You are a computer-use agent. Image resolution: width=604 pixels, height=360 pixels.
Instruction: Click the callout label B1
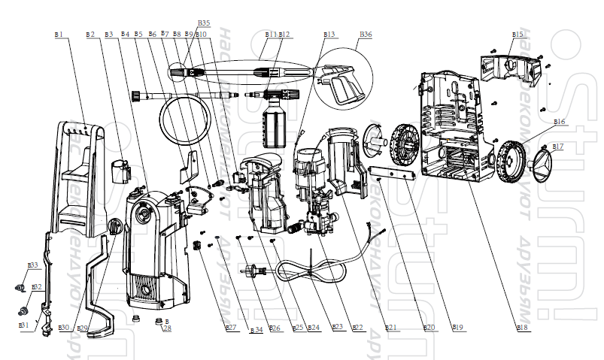click(x=59, y=35)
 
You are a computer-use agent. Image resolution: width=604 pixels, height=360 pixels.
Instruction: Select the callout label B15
click(x=517, y=35)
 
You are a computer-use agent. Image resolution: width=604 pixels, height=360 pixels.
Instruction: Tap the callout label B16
click(x=559, y=121)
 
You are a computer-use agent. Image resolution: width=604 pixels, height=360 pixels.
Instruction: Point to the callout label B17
click(x=558, y=145)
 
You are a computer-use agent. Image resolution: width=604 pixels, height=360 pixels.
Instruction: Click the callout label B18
click(x=521, y=327)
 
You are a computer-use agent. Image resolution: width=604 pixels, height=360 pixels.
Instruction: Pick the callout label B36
click(x=366, y=35)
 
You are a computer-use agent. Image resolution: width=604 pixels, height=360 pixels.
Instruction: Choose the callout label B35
click(x=204, y=23)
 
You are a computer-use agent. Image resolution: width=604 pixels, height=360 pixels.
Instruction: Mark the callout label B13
click(x=329, y=35)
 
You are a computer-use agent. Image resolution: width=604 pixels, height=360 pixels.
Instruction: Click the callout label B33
click(x=32, y=265)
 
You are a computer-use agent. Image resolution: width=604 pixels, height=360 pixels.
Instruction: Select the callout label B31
click(x=24, y=325)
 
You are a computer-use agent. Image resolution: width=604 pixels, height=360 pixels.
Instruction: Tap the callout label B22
click(x=358, y=327)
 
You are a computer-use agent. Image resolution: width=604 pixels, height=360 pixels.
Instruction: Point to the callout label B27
click(x=231, y=327)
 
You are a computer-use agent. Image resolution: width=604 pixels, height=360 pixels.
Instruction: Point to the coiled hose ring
click(x=177, y=120)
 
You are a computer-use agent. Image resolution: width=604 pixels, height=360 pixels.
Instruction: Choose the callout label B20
click(x=429, y=327)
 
